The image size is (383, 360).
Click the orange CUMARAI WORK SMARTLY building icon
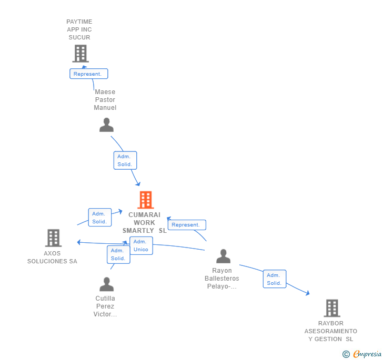145,200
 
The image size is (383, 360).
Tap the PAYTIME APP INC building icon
80,53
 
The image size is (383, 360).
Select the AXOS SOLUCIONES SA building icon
53,238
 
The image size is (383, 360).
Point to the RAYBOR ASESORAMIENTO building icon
331,308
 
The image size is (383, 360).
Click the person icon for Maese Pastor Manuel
106,125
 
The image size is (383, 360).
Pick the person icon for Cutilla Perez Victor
106,284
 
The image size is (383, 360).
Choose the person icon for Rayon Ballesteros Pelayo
223,256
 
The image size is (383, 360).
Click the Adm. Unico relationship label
141,245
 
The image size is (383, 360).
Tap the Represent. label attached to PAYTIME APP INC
88,74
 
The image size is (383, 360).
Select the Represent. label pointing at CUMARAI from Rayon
186,225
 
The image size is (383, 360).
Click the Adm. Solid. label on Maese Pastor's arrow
125,160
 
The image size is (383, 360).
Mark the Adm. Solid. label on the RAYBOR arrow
274,279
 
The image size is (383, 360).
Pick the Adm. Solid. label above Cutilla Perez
118,254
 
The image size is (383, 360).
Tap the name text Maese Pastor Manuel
105,100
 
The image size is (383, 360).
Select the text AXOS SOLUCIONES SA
52,257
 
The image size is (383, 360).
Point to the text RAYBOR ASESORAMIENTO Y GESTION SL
330,331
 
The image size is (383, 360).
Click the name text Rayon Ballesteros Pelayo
221,279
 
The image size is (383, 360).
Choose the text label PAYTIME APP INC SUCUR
79,29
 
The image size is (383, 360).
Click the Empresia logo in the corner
367,354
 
